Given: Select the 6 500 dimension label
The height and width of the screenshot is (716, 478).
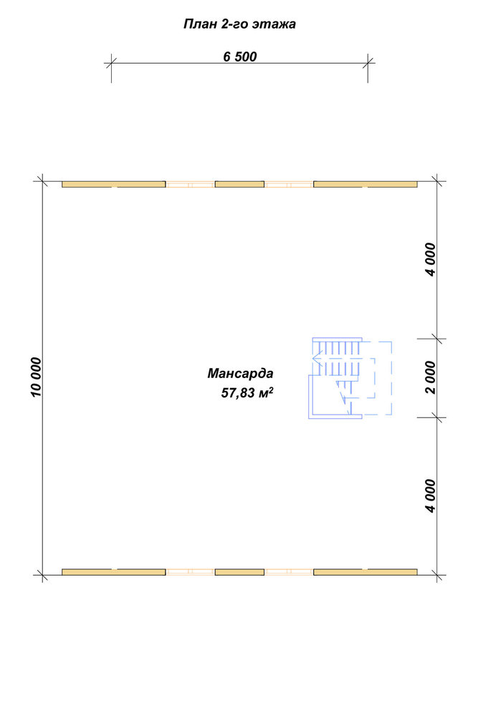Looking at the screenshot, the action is tap(240, 57).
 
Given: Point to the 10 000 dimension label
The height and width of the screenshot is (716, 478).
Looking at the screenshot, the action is tap(36, 377).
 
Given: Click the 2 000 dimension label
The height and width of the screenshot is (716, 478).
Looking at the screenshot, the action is tap(430, 377).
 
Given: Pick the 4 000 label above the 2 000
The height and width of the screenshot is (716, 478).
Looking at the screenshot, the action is tap(430, 259).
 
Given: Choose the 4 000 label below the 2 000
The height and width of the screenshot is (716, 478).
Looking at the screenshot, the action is tap(430, 496).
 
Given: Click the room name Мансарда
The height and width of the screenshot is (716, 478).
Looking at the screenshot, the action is tap(240, 374).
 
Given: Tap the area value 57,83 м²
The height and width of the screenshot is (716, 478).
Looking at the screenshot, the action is tap(247, 392).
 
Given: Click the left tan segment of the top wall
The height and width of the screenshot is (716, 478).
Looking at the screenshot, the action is tap(114, 184).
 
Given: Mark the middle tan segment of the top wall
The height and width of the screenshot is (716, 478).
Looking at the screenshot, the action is tap(239, 184).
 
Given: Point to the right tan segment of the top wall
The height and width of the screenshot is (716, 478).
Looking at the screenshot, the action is tap(365, 184).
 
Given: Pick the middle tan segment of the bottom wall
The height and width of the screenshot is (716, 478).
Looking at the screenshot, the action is tap(239, 571).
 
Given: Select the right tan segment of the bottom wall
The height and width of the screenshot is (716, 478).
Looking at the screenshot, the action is tap(365, 571).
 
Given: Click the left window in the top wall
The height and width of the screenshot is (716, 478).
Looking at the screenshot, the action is tap(190, 185).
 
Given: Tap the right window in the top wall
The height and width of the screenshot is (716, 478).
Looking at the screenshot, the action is tap(289, 185).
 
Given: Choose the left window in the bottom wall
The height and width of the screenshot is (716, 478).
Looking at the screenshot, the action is tap(190, 571).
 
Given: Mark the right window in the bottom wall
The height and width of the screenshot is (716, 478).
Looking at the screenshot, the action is tap(289, 571).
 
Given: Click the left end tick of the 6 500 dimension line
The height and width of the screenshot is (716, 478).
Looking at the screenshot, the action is tap(111, 63).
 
